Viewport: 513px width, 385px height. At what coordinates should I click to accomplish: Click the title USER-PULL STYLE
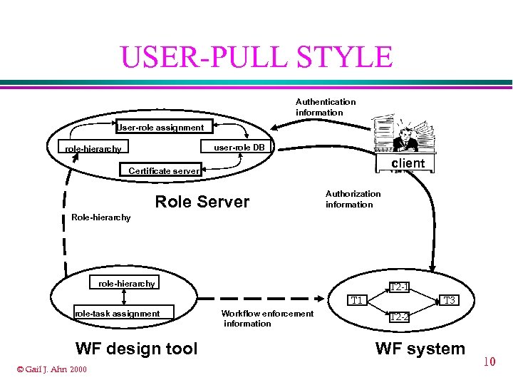[x=256, y=56]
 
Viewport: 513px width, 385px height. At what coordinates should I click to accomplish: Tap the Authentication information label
[x=326, y=107]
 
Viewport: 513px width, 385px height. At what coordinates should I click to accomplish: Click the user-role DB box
[x=233, y=148]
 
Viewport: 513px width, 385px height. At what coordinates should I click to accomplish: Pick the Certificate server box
[x=163, y=170]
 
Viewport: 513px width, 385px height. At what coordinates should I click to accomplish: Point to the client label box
[x=408, y=163]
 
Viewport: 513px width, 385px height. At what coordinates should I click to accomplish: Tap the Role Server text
[x=202, y=202]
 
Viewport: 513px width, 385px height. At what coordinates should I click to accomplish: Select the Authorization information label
[x=353, y=199]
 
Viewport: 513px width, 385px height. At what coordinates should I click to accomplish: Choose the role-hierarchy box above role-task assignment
[x=127, y=284]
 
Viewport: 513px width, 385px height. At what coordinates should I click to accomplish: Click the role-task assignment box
[x=118, y=313]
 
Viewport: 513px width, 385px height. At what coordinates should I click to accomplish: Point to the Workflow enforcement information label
[x=266, y=318]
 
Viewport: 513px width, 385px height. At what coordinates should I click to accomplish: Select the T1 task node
[x=358, y=300]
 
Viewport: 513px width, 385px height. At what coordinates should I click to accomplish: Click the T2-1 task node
[x=400, y=287]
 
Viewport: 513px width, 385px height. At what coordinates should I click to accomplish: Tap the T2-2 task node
[x=400, y=317]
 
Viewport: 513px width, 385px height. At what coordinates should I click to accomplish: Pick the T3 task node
[x=448, y=300]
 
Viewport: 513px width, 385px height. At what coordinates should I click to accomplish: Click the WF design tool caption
[x=136, y=349]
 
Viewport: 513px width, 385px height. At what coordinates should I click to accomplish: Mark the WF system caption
[x=420, y=349]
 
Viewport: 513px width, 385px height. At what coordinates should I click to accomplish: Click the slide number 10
[x=489, y=362]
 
